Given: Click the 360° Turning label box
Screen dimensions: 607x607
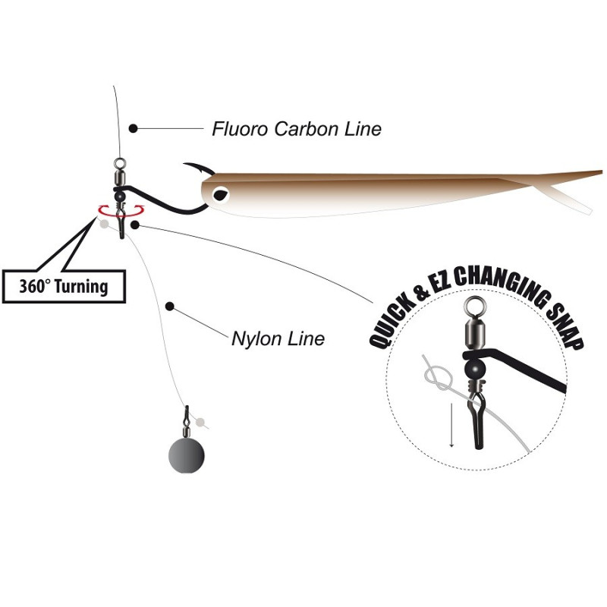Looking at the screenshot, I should (64, 287).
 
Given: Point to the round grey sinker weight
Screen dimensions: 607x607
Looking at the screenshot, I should (186, 454).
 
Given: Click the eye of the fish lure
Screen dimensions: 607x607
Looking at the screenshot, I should (221, 194).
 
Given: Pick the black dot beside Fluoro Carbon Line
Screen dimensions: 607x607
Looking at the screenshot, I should (133, 129).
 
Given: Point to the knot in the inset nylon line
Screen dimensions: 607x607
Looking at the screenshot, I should (437, 375).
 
